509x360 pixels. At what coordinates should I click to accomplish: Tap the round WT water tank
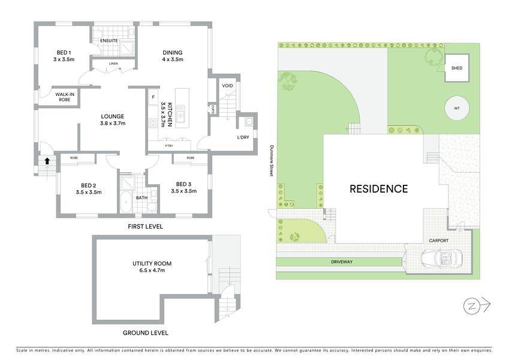[x=457, y=108]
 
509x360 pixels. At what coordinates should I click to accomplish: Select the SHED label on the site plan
[x=457, y=68]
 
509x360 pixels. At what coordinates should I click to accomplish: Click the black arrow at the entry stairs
[x=47, y=161]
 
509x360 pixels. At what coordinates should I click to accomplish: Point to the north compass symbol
[x=477, y=306]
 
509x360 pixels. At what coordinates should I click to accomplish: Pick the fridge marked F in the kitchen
[x=153, y=97]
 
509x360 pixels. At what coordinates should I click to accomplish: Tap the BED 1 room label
[x=64, y=56]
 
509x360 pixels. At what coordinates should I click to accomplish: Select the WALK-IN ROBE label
[x=65, y=97]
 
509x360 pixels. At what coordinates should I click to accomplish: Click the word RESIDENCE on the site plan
[x=378, y=189]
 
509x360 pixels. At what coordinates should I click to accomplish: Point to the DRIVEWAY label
[x=342, y=262]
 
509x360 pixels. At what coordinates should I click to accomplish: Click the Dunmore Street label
[x=271, y=161]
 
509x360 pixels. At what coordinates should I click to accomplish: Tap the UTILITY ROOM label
[x=152, y=267]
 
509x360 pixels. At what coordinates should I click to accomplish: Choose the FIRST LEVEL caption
[x=145, y=226]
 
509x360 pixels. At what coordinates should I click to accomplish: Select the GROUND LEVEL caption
[x=146, y=333]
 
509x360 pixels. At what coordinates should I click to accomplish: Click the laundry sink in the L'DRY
[x=249, y=122]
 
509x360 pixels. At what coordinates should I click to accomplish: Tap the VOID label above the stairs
[x=228, y=86]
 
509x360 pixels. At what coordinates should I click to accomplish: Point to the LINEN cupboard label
[x=113, y=64]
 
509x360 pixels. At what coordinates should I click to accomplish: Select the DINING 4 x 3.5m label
[x=173, y=56]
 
